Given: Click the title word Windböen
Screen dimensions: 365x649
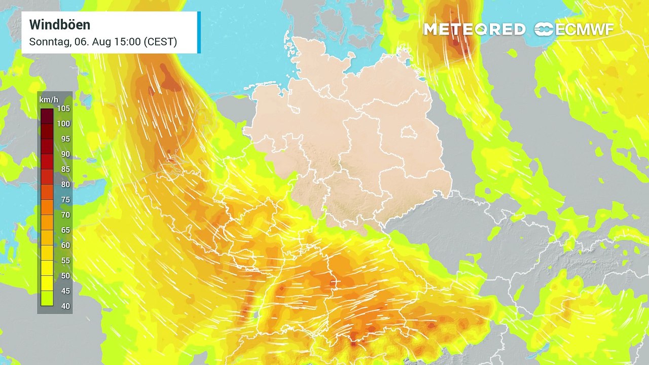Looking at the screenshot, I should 60,24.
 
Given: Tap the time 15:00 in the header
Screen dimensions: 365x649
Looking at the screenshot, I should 128,42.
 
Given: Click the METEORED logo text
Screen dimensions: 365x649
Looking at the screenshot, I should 474,29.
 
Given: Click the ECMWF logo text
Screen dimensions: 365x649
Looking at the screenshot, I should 585,29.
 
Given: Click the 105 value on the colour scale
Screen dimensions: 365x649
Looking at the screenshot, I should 64,108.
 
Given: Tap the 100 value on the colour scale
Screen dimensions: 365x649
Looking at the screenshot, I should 64,124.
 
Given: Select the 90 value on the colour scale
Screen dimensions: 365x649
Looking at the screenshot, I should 65,154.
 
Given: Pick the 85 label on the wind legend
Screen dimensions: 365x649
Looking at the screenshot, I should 65,169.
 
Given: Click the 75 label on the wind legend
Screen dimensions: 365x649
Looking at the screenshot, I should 65,200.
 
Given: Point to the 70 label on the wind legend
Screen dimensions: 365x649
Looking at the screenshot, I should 65,215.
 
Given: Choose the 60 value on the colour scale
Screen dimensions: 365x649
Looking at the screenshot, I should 65,245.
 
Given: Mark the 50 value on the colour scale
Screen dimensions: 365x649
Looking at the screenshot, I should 65,276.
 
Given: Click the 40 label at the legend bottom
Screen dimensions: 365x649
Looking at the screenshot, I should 65,306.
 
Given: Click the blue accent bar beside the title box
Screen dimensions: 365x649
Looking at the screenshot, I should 199,32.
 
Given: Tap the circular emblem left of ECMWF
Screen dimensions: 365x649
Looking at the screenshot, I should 544,29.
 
